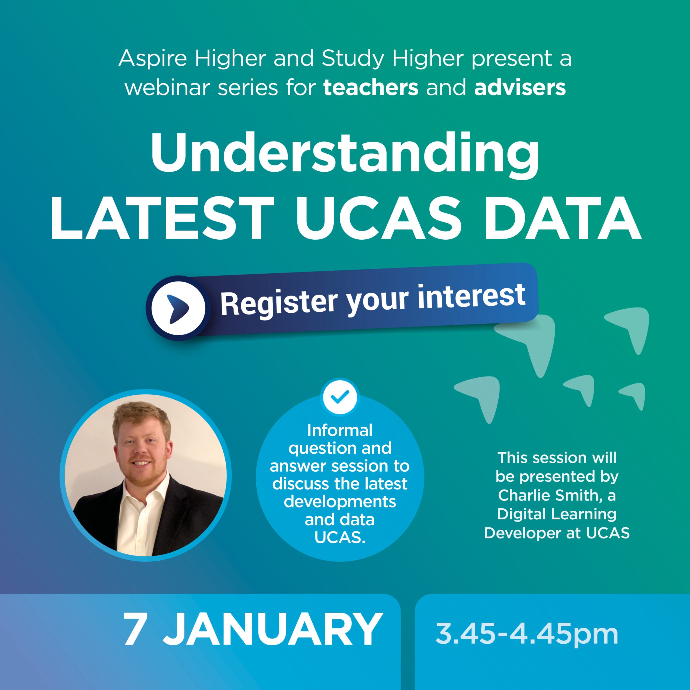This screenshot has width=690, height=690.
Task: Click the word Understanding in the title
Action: click(345, 155)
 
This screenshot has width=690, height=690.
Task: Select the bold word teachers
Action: click(371, 88)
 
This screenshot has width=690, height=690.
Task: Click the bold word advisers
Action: click(520, 88)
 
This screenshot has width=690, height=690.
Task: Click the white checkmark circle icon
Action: click(340, 396)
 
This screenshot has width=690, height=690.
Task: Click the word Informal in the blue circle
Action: click(340, 430)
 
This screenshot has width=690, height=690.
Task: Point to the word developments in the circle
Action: click(340, 502)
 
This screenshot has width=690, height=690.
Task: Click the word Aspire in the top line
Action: click(153, 58)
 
